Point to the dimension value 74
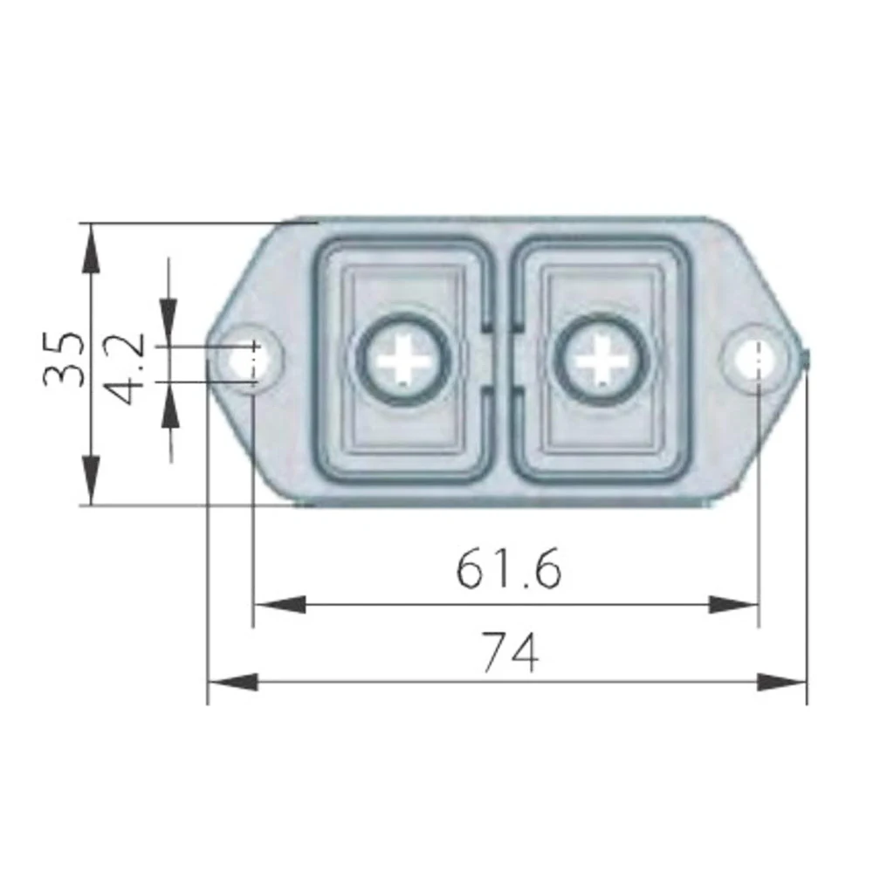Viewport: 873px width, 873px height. coord(511,651)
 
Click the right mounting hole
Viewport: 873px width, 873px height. coord(755,358)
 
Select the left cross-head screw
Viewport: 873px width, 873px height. coord(403,359)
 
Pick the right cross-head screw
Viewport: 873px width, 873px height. coord(600,359)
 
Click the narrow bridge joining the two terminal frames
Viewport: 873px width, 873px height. coord(501,359)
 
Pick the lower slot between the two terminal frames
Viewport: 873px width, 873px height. coord(501,432)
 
